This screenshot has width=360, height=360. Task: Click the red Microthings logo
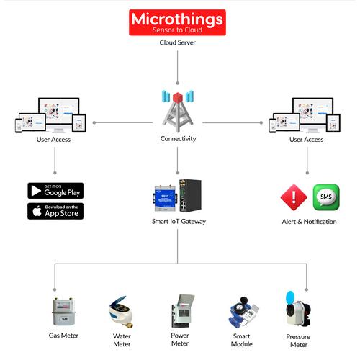tap(178, 22)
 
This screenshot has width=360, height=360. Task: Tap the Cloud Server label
tap(177, 42)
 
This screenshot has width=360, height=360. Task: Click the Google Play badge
tap(55, 191)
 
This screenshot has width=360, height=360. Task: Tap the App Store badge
tap(55, 211)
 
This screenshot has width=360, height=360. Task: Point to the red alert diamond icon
tap(294, 197)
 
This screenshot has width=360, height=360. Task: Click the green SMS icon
tap(325, 197)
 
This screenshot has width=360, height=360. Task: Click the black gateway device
tap(190, 196)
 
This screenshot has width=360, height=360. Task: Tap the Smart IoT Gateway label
tap(178, 221)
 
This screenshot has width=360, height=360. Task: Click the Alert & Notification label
tap(309, 222)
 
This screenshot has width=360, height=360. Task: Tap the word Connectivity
tap(178, 139)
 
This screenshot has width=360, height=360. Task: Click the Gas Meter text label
tap(63, 336)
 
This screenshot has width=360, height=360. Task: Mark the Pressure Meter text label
tap(298, 340)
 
